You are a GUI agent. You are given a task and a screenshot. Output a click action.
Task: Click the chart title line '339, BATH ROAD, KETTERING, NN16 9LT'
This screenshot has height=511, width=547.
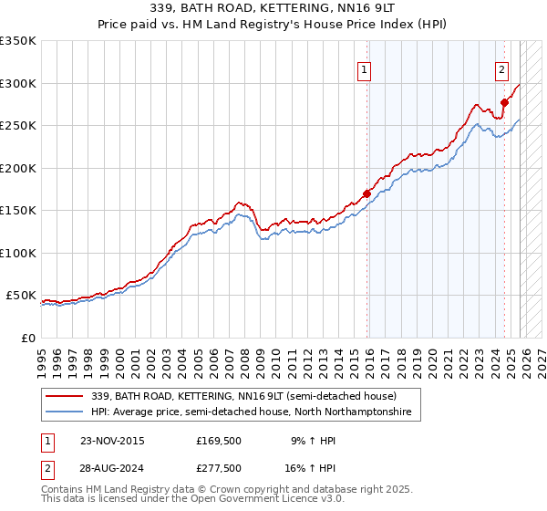(x=273, y=8)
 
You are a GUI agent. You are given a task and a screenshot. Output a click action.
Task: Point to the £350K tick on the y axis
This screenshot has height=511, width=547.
(x=18, y=41)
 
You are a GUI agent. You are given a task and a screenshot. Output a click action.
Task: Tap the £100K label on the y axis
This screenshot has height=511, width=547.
(x=18, y=253)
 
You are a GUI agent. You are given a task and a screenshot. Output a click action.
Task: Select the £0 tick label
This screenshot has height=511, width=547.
(x=29, y=338)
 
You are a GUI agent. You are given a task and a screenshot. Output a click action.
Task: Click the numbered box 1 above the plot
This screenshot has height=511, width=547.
(x=364, y=69)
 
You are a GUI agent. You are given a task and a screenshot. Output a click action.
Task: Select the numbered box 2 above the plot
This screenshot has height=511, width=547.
(x=501, y=69)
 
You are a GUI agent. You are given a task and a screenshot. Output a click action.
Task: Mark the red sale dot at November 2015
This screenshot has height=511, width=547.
(x=367, y=193)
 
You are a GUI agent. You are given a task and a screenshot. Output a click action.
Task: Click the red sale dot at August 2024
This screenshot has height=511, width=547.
(x=504, y=102)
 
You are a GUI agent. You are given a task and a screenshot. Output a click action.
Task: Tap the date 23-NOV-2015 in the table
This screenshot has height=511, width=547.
(x=112, y=440)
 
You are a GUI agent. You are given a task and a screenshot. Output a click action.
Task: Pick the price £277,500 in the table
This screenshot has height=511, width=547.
(x=218, y=470)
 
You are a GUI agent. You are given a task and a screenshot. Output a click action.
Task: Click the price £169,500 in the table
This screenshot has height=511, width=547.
(x=218, y=440)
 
